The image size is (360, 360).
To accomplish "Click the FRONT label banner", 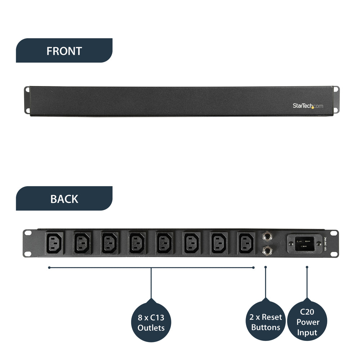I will (x=64, y=51).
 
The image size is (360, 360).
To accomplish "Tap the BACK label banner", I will (x=64, y=199).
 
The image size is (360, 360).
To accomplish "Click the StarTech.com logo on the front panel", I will (x=307, y=106).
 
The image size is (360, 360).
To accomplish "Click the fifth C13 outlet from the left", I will (x=165, y=242).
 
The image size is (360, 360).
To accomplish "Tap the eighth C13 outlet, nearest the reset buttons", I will (x=247, y=242).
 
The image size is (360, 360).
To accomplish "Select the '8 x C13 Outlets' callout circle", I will (x=151, y=323).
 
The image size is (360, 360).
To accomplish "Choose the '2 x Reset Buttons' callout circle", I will (x=266, y=322).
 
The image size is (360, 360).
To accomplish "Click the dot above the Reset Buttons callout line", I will (x=266, y=267).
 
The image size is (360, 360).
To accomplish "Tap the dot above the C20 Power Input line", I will (x=307, y=267).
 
